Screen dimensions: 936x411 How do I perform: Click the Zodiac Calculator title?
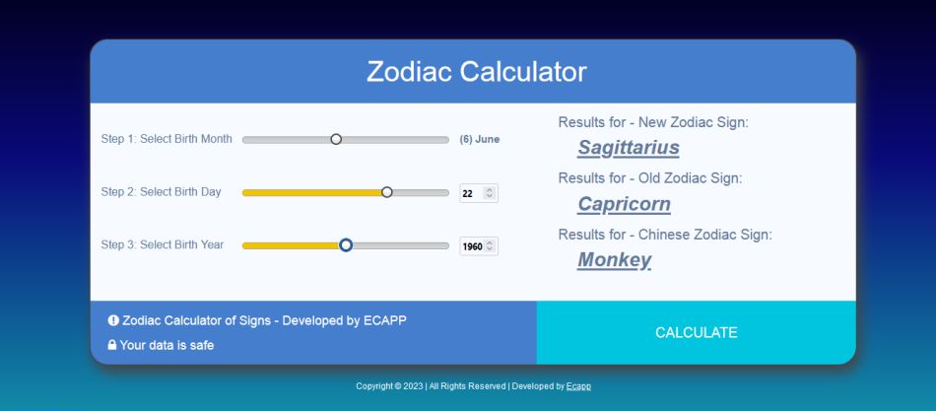(x=476, y=72)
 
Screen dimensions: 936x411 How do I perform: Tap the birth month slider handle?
(x=336, y=139)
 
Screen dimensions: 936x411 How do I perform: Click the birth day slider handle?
(x=387, y=192)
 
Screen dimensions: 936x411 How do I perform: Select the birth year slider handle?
(x=346, y=245)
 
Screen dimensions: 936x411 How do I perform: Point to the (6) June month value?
(x=480, y=139)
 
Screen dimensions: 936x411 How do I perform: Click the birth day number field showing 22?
(x=479, y=193)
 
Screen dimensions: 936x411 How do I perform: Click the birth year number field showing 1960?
(x=479, y=246)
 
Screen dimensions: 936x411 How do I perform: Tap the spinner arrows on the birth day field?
(x=490, y=193)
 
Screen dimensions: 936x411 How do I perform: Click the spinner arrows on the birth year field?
(x=490, y=246)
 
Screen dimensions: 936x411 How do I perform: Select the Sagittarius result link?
(x=628, y=148)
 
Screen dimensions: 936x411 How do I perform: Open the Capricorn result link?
(x=624, y=204)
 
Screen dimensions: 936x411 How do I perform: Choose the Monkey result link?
(x=614, y=260)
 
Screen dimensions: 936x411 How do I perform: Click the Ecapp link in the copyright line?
(x=578, y=386)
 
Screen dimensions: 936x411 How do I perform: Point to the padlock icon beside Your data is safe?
(x=112, y=345)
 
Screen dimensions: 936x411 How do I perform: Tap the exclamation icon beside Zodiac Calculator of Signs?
(x=113, y=320)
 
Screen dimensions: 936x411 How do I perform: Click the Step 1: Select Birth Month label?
(x=167, y=139)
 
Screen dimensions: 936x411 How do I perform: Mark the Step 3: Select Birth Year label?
(x=163, y=245)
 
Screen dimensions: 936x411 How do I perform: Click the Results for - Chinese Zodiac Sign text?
(x=665, y=235)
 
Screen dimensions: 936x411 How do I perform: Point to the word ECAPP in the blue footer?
(x=385, y=320)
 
